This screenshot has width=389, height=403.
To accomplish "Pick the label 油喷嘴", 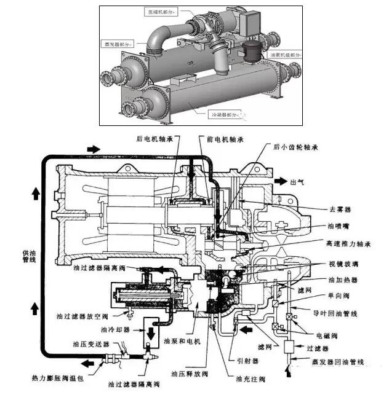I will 340,226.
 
